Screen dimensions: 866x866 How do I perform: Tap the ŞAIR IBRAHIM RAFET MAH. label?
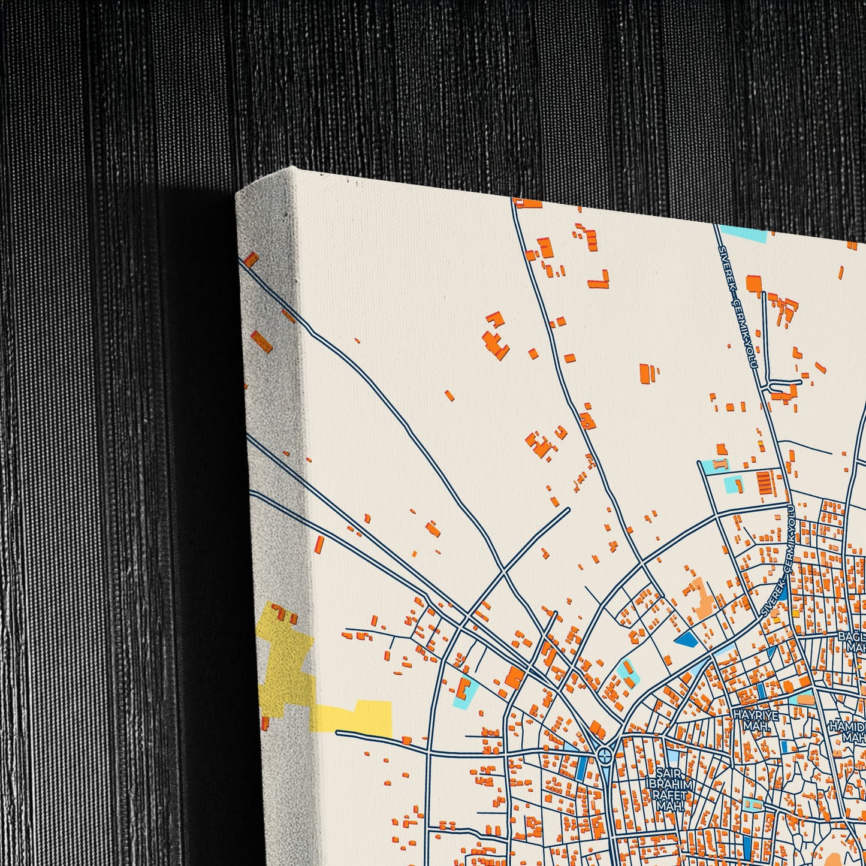point(669,789)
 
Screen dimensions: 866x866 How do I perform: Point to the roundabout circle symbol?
point(605,756)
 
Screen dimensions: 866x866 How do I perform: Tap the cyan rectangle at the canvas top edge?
point(743,233)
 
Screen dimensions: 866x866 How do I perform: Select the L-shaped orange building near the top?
point(599,281)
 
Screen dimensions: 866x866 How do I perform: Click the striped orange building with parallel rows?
point(765,483)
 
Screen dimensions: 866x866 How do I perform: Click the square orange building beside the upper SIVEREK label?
point(753,283)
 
